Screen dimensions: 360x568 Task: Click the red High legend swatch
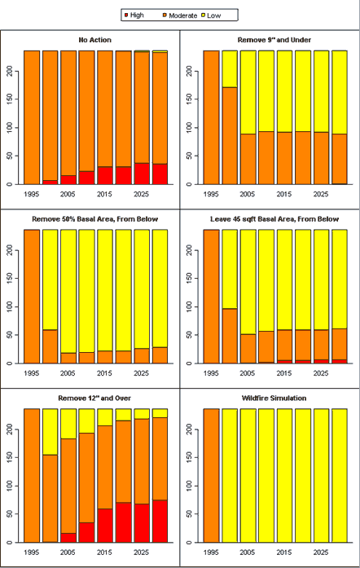click(126, 15)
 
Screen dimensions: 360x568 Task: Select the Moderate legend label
click(183, 15)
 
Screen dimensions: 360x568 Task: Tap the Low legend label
click(213, 15)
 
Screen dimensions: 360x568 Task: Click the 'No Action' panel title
click(95, 40)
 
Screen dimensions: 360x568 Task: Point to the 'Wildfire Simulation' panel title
click(274, 398)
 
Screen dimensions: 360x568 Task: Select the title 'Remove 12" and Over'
click(94, 398)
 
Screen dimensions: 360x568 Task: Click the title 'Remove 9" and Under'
click(274, 40)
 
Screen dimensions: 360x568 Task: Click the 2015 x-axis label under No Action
click(104, 194)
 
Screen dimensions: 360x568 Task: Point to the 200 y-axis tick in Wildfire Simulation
click(189, 429)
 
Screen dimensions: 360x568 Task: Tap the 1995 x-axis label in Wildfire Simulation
click(211, 553)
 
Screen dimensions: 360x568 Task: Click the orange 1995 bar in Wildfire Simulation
click(211, 476)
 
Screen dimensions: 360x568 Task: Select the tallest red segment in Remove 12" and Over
click(160, 522)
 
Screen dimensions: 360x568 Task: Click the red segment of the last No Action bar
click(160, 174)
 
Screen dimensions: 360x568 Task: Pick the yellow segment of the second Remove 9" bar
click(230, 69)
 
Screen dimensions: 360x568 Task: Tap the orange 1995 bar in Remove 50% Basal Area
click(32, 297)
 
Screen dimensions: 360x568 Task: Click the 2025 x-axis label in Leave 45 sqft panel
click(321, 373)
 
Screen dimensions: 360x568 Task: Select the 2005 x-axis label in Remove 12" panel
click(68, 553)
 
